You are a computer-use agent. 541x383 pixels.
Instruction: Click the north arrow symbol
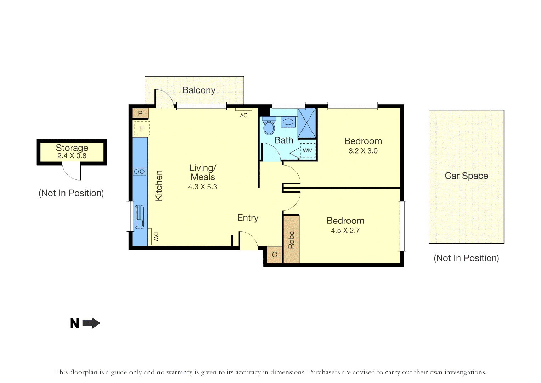(91, 323)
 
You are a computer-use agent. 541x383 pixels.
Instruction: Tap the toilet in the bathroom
(269, 127)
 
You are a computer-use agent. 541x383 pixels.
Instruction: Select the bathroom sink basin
(288, 122)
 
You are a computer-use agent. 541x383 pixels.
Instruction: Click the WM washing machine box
(308, 150)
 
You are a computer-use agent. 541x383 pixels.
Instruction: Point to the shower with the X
(306, 123)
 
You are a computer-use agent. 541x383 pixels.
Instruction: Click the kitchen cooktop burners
(139, 172)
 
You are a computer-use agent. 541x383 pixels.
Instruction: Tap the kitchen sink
(139, 217)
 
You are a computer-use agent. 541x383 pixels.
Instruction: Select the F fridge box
(142, 128)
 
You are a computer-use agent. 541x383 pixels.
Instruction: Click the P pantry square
(140, 113)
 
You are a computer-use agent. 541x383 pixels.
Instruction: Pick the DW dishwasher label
(156, 237)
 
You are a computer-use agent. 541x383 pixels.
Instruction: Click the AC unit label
(244, 115)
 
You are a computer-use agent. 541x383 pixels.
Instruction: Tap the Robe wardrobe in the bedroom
(291, 240)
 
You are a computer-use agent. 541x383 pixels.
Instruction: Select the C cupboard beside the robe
(274, 255)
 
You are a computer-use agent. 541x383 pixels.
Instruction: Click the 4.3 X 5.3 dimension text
(203, 187)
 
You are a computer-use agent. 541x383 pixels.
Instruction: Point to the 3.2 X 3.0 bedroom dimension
(363, 151)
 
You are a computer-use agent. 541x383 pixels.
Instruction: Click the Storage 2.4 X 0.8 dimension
(72, 156)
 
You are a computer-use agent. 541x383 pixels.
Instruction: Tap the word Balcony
(199, 90)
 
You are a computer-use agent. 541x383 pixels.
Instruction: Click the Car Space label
(466, 176)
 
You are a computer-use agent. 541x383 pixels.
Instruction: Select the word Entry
(248, 218)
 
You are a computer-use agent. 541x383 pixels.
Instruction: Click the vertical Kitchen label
(159, 185)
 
